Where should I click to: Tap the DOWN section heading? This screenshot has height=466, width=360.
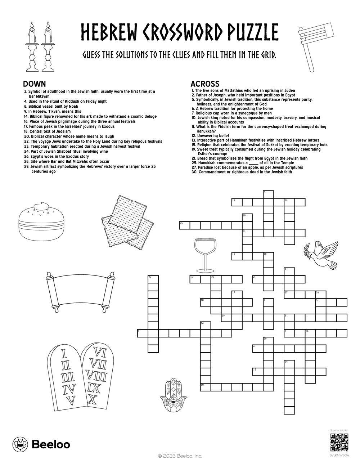coord(34,84)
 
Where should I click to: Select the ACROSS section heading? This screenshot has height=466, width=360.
coord(205,84)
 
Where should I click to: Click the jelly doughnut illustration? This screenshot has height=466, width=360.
coord(42,222)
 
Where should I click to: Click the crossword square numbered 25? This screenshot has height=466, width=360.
coord(184,225)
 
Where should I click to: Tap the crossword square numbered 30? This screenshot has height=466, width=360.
coord(205,387)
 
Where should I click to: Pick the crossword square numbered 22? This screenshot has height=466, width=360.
coord(153,279)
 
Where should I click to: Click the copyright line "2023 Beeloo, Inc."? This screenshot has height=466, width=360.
coord(180,456)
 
